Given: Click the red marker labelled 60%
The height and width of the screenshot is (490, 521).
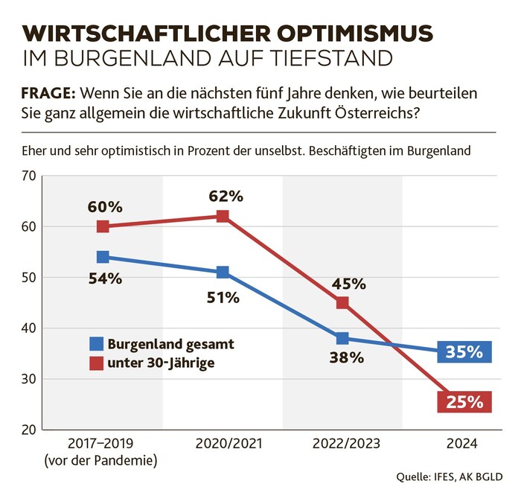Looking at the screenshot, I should pos(103,226).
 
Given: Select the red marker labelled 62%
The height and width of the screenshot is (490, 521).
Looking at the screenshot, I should pos(223,216).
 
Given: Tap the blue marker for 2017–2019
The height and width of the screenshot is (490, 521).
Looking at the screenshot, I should pos(103,257).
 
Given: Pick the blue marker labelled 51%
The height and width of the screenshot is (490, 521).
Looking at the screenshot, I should pos(223,272).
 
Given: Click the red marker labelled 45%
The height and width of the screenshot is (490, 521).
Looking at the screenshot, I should pos(342,302).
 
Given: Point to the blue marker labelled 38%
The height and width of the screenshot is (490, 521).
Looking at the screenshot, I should pos(342,338).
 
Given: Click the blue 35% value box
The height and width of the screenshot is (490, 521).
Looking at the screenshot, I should pos(464,351).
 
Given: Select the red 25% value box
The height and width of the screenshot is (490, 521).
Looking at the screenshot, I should pos(464,403).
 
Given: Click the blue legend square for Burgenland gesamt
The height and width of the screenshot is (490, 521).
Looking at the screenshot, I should pos(96,344).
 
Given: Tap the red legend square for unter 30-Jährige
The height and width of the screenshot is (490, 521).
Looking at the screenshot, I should pos(96,363).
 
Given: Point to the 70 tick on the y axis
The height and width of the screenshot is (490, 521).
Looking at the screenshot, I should pos(30,176).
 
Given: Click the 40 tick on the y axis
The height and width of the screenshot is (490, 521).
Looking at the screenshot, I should pos(30,328).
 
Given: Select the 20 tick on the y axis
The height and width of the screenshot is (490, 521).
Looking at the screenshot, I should pos(30,430).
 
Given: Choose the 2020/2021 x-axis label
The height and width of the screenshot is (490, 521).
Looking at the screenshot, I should pos(223,444).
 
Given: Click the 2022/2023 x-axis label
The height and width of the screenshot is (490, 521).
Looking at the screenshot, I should pos(342,444).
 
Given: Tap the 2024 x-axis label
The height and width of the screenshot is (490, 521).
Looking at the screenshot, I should pos(461,444).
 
